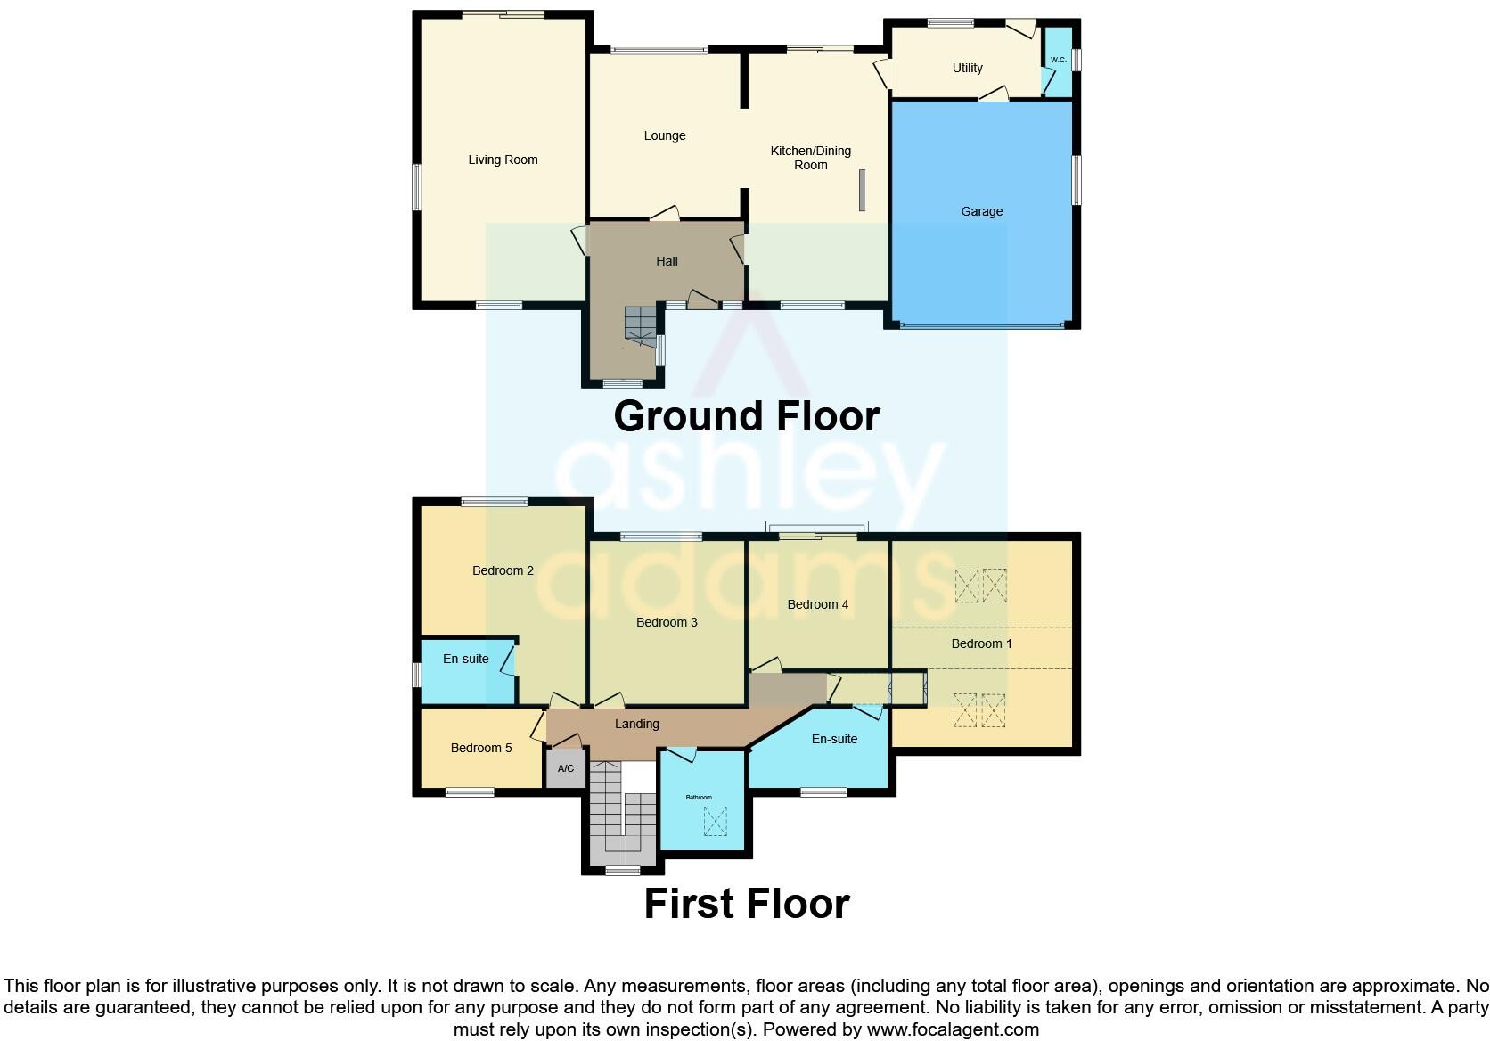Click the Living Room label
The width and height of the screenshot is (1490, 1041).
pos(503,160)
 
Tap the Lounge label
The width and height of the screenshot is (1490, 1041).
pos(665,136)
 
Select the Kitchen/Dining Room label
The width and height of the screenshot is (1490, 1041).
pos(811,158)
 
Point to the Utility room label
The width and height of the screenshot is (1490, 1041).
pos(967,68)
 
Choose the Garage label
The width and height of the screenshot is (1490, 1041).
pos(981,212)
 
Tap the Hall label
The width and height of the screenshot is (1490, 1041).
pos(667,262)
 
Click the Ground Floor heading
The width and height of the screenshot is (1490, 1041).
pos(747,416)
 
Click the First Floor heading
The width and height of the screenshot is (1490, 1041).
pos(747,904)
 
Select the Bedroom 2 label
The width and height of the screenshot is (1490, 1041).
pos(503,571)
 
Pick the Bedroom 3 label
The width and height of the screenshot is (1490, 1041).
pos(667,623)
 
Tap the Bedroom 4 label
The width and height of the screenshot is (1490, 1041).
pos(817,605)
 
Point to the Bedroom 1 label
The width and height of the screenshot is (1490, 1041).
pos(981,644)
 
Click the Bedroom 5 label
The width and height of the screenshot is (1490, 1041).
pos(481,749)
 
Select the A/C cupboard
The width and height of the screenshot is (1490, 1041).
pos(566,769)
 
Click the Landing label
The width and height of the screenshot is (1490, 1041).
pos(636,725)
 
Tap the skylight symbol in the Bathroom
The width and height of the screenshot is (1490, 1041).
pos(715,821)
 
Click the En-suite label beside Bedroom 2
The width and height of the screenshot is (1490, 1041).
pos(465,660)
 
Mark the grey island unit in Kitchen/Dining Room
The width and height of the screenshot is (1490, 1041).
pos(862,191)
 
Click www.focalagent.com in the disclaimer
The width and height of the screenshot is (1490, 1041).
pos(953,1029)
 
